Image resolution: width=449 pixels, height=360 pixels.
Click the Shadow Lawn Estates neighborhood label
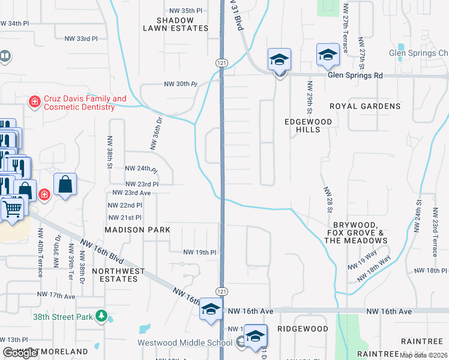click(175, 24)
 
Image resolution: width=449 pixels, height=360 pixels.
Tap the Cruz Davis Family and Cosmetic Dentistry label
click(80, 103)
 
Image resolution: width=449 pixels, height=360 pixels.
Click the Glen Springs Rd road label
click(355, 76)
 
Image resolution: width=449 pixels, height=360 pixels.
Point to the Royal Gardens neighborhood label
click(365, 106)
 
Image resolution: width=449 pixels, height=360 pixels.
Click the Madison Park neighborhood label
click(137, 230)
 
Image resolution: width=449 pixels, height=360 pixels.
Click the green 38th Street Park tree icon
click(101, 316)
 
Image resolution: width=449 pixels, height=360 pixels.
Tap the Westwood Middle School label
click(184, 343)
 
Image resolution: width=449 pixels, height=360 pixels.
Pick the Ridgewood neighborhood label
click(303, 329)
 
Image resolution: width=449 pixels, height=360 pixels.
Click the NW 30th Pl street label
click(180, 85)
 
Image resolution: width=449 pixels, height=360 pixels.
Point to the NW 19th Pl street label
click(199, 253)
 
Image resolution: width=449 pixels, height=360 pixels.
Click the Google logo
click(20, 353)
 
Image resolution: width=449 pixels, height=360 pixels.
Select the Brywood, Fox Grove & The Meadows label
click(356, 232)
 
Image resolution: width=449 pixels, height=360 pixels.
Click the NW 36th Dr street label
click(155, 134)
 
